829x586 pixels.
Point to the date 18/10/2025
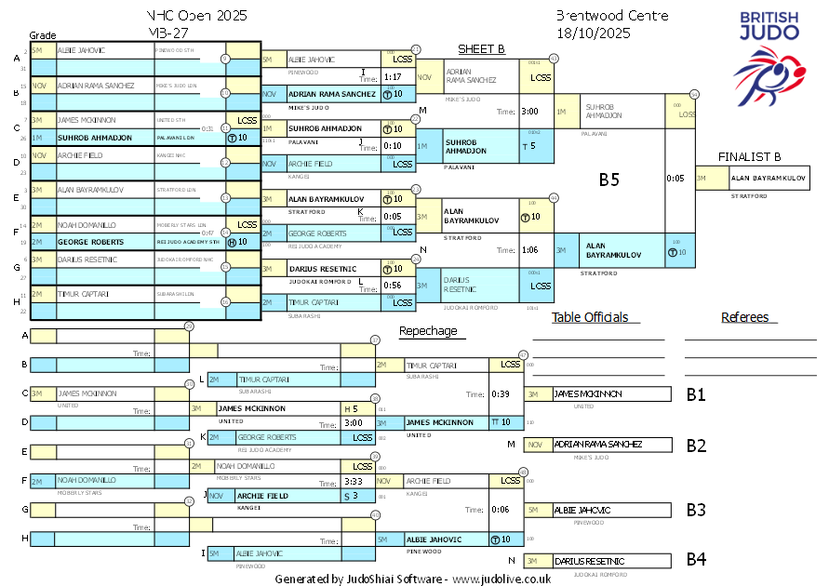(x=594, y=33)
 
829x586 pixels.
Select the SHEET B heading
(x=481, y=49)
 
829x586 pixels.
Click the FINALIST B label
(x=748, y=157)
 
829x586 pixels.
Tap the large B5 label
(x=608, y=180)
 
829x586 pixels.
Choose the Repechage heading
(x=428, y=331)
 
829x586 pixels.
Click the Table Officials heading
(x=589, y=317)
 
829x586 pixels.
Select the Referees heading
(x=744, y=317)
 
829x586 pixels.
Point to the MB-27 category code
(x=167, y=33)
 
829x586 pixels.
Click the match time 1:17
(x=393, y=77)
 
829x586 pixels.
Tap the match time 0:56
(x=393, y=286)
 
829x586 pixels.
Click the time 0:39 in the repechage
(x=501, y=393)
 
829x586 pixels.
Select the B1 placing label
(x=696, y=394)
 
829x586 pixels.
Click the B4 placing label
(x=696, y=560)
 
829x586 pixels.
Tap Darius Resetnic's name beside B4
(x=589, y=561)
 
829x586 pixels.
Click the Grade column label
(x=43, y=33)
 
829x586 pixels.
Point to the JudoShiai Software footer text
(x=412, y=579)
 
